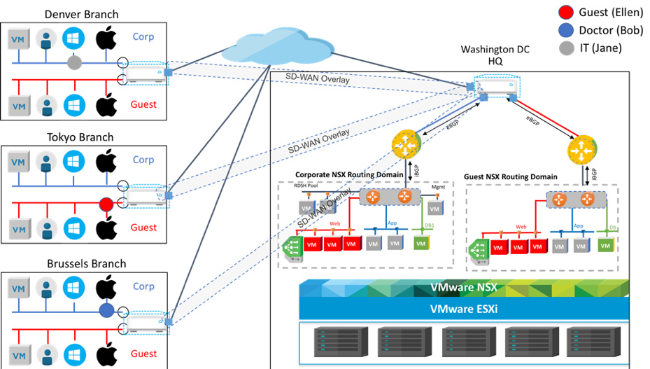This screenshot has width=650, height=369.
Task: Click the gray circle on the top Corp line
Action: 75,64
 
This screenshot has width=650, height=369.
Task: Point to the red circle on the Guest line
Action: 106,204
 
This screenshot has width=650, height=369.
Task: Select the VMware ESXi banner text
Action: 462,308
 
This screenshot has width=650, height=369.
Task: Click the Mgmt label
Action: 437,188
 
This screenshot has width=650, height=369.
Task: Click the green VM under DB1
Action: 421,243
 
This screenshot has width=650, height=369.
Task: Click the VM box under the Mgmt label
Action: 435,209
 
